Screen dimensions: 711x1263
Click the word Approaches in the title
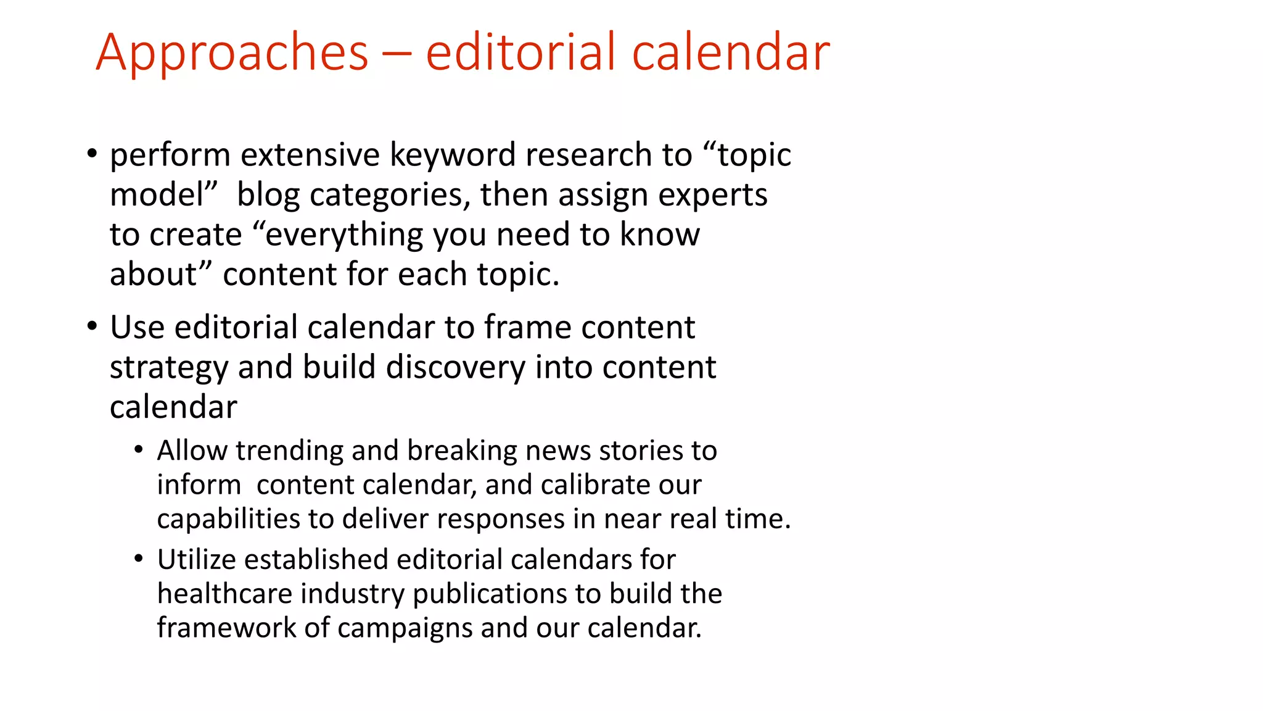click(x=232, y=53)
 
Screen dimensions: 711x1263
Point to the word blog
click(x=268, y=195)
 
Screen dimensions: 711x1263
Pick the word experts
click(x=712, y=195)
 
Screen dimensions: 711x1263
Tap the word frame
click(x=527, y=327)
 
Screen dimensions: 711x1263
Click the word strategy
click(x=168, y=368)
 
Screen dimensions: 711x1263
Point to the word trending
click(x=289, y=451)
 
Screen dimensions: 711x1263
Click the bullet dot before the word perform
click(x=92, y=153)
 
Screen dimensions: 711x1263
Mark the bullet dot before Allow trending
click(x=139, y=450)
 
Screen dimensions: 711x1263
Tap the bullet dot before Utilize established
click(x=139, y=559)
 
